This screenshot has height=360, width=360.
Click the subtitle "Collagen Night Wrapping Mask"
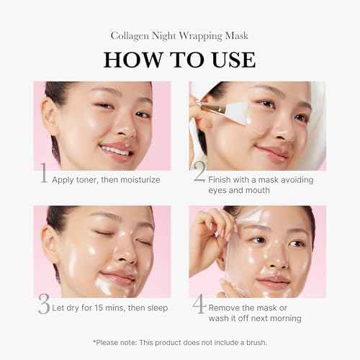[179, 35]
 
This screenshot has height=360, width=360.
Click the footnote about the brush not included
[179, 343]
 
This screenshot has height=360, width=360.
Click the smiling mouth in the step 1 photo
[114, 150]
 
